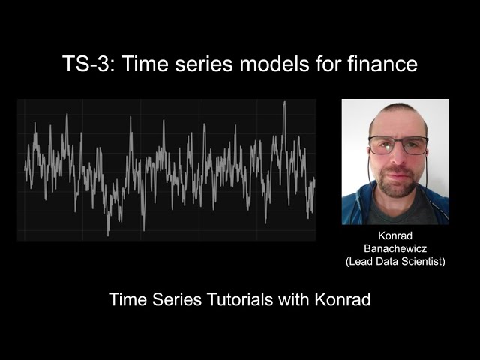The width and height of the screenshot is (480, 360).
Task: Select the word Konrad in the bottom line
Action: [x=341, y=299]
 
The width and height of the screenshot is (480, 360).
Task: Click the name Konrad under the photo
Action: [x=395, y=235]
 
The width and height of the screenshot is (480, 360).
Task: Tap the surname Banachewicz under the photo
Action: [x=395, y=248]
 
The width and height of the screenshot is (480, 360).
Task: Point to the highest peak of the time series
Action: [x=284, y=102]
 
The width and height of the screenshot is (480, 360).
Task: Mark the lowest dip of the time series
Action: [x=108, y=234]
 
